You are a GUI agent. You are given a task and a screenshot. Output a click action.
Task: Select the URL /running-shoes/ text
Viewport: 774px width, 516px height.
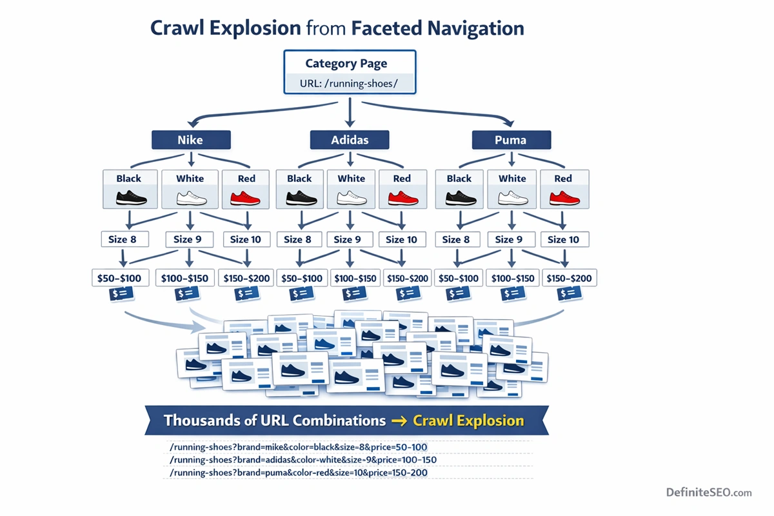click(x=350, y=84)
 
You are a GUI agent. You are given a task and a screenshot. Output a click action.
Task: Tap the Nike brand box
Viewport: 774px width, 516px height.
click(x=190, y=140)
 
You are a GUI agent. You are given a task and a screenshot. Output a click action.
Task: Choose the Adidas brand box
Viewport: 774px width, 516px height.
click(x=349, y=140)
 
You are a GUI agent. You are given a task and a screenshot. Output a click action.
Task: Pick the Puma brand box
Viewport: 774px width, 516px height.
click(x=511, y=140)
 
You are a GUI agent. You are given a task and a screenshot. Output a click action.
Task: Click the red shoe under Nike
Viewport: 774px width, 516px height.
click(x=246, y=198)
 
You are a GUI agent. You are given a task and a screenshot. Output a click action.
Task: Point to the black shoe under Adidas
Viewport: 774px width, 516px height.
click(x=299, y=198)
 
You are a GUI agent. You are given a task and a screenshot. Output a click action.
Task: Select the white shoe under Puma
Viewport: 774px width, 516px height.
click(x=512, y=198)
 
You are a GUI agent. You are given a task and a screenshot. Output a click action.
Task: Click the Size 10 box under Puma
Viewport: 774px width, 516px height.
click(x=564, y=239)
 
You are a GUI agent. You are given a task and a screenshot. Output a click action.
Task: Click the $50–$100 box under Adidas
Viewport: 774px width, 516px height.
click(x=301, y=278)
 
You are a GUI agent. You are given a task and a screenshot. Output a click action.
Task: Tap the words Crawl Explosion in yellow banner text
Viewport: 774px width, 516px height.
click(x=468, y=421)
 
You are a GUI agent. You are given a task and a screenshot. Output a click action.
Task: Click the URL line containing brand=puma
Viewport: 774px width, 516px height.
click(x=298, y=473)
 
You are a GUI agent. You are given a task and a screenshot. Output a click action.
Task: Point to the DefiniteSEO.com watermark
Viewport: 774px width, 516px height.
click(x=709, y=492)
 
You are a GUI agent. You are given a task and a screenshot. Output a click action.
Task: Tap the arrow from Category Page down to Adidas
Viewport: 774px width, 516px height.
click(x=349, y=113)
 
